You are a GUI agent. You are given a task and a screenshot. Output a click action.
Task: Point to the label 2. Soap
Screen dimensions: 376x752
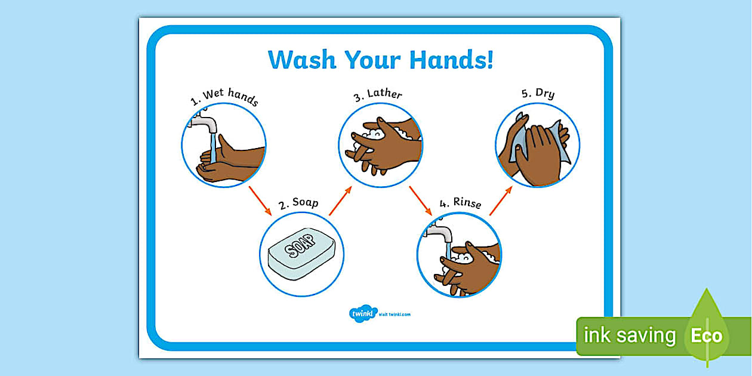298,204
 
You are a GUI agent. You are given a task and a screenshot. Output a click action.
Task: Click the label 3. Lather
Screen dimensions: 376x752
377,95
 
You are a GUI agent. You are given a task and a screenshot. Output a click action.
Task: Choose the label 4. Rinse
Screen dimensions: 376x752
460,203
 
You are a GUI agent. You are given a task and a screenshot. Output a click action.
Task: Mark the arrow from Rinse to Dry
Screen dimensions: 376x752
500,200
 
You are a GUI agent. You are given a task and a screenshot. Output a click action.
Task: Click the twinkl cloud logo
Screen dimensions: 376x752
360,313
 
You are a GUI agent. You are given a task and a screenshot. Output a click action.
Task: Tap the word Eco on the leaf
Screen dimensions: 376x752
706,335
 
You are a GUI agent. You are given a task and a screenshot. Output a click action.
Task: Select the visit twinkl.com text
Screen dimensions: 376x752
395,314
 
